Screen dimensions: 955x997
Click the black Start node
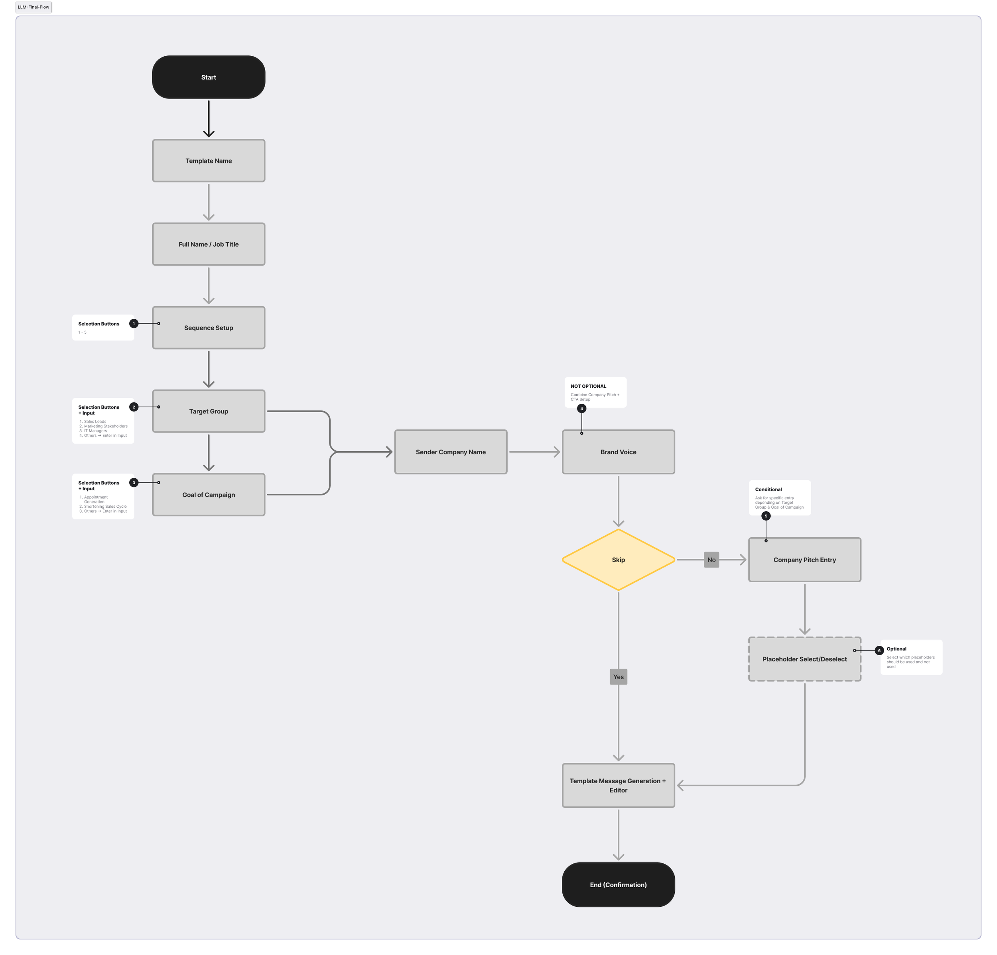point(209,77)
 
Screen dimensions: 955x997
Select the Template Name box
point(209,161)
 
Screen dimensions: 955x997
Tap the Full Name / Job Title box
point(209,244)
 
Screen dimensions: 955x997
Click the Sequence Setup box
point(209,328)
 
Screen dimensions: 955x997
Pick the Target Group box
point(209,411)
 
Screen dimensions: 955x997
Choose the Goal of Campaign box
point(209,495)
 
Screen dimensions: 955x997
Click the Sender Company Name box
point(451,452)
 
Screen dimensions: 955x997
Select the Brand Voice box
point(618,452)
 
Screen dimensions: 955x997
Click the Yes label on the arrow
point(618,677)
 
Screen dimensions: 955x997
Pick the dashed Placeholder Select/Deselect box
point(804,659)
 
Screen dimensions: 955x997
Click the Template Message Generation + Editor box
point(618,785)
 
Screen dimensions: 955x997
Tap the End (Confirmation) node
point(618,885)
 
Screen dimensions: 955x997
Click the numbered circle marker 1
point(134,323)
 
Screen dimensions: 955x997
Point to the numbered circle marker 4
point(581,408)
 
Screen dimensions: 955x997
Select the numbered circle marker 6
point(879,650)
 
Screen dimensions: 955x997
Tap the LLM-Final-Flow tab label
point(33,7)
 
